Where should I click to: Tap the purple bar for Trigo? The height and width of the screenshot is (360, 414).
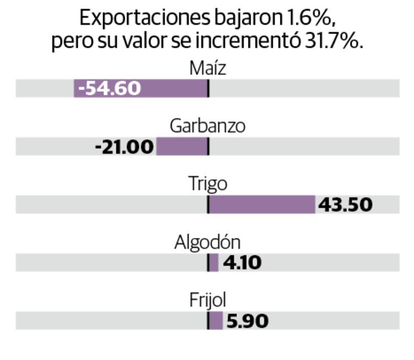click(x=262, y=205)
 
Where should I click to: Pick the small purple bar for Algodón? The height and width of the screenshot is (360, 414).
click(x=214, y=263)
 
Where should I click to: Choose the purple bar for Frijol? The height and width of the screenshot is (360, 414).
click(x=216, y=321)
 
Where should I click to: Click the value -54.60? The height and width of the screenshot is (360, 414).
click(x=109, y=88)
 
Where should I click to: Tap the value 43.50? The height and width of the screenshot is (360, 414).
click(x=346, y=205)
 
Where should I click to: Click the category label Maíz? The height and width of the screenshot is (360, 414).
click(x=208, y=68)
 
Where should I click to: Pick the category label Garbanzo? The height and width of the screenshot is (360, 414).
click(x=208, y=126)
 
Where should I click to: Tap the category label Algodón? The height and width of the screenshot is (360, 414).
click(x=208, y=243)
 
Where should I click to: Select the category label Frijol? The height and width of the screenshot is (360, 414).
click(x=208, y=301)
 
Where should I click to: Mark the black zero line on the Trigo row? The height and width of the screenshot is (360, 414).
click(x=208, y=205)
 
